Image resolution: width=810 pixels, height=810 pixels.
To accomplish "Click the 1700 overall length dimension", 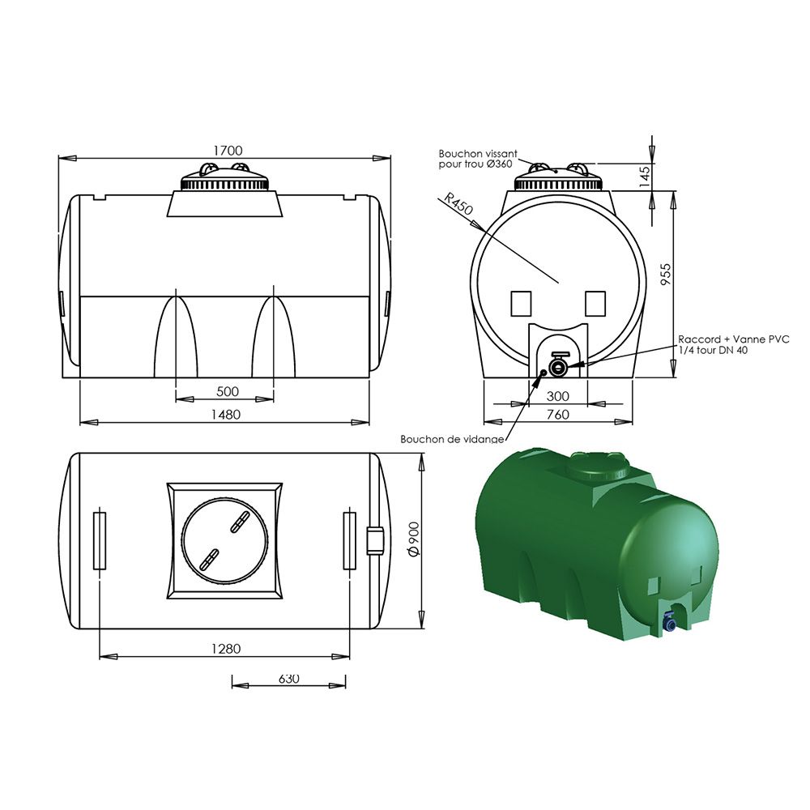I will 228,150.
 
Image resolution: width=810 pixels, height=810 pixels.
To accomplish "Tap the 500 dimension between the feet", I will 228,391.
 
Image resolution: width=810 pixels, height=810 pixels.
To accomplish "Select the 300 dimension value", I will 558,395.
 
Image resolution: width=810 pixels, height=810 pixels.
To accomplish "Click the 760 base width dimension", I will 558,414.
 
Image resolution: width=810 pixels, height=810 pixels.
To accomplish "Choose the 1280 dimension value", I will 227,649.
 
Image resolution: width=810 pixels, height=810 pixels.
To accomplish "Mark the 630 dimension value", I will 288,678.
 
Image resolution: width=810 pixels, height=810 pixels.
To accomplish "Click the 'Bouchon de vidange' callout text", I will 452,439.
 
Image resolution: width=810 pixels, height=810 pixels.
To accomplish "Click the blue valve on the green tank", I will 670,623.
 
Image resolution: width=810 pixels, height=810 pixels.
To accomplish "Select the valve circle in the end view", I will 558,368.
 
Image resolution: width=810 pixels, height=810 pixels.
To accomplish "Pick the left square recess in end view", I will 521,303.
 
